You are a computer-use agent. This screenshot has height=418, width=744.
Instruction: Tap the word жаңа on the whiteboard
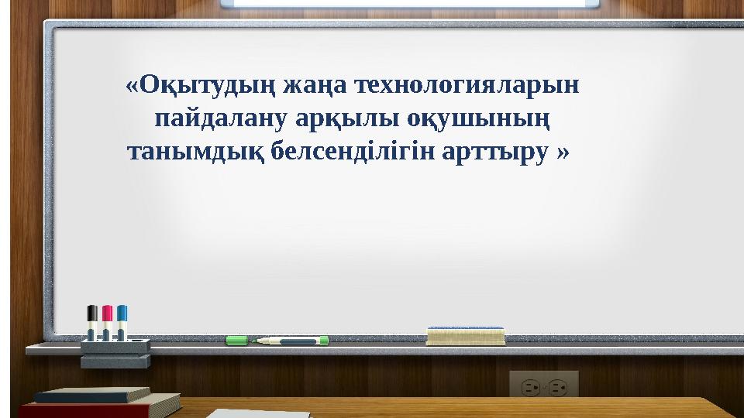pos(315,86)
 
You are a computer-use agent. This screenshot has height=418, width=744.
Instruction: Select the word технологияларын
pos(467,85)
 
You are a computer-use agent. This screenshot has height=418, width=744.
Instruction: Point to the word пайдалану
pos(221,118)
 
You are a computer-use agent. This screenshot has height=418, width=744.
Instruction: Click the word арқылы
pos(347,119)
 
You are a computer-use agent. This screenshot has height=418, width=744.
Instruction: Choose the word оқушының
pos(478,119)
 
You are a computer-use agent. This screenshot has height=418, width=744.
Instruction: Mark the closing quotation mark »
pos(563,152)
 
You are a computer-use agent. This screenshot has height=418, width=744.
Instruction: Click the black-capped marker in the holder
pos(92,322)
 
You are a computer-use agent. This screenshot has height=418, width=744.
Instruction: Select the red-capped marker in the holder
pos(107,322)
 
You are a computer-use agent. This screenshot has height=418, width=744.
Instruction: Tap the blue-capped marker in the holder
pos(122,322)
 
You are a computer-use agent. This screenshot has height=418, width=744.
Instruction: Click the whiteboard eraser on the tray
pos(466,335)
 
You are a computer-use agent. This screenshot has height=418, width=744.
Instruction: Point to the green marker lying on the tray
pos(290,341)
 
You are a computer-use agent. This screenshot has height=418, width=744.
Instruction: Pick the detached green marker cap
pos(236,341)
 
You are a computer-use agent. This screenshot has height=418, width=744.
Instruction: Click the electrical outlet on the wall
pos(544,384)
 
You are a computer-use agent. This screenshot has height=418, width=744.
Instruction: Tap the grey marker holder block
pos(115,353)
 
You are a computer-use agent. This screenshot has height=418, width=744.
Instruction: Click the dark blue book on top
pos(92,395)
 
